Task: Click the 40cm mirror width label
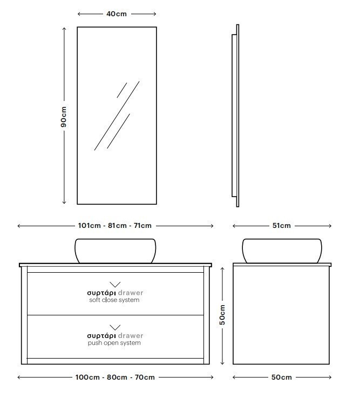[117, 14]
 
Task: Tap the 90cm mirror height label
[64, 117]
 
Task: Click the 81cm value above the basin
[117, 225]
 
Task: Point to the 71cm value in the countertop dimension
[142, 225]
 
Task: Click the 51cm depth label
[281, 225]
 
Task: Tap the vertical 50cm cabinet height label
[222, 315]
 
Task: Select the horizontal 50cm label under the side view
[281, 377]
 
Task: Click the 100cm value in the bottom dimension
[87, 377]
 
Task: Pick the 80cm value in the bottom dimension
[117, 377]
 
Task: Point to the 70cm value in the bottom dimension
[145, 377]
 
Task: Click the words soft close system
[114, 300]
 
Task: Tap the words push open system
[114, 343]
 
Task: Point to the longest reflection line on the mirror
[117, 116]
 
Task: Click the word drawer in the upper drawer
[131, 293]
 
